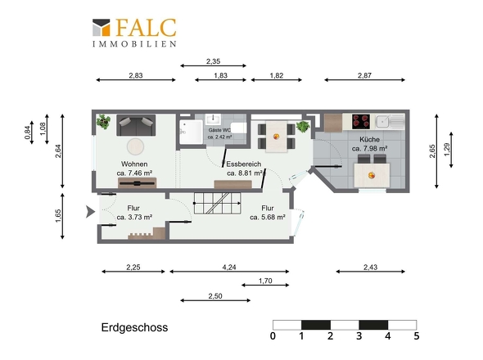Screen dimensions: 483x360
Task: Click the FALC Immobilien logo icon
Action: click(x=101, y=28)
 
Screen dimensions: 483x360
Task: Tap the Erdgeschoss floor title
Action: click(x=134, y=327)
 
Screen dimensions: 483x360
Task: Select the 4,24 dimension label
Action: click(x=229, y=268)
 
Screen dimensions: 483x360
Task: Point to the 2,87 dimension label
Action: click(x=364, y=75)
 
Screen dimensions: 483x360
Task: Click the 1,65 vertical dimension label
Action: click(x=58, y=216)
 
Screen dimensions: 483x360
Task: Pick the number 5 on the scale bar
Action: click(x=417, y=335)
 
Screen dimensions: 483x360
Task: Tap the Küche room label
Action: click(x=369, y=140)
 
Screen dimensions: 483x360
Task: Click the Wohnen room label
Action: click(x=134, y=164)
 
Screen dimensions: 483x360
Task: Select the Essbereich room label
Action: click(x=244, y=164)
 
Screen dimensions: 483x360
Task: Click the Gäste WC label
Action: click(x=219, y=130)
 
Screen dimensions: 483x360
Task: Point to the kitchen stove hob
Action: click(x=361, y=122)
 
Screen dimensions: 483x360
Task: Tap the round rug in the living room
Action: click(x=135, y=146)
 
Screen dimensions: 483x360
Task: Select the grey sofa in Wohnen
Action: click(x=136, y=125)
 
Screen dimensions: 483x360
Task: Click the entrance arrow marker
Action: click(x=90, y=212)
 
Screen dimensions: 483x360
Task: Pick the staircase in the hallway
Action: click(x=217, y=203)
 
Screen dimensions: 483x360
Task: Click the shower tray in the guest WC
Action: click(x=191, y=132)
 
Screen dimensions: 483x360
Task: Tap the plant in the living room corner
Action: click(x=103, y=122)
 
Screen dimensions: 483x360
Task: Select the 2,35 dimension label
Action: click(x=213, y=61)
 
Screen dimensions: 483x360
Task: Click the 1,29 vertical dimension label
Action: click(x=447, y=150)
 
